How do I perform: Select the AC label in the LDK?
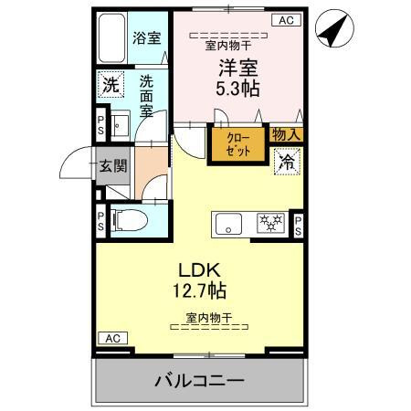point(111,339)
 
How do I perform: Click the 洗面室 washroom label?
point(146,95)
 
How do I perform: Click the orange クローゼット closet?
point(237,145)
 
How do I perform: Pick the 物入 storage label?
point(287,134)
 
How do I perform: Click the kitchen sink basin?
point(228,223)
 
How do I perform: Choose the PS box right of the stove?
point(299,224)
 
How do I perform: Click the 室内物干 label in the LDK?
point(209,317)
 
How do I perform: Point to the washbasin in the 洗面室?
point(118,124)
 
